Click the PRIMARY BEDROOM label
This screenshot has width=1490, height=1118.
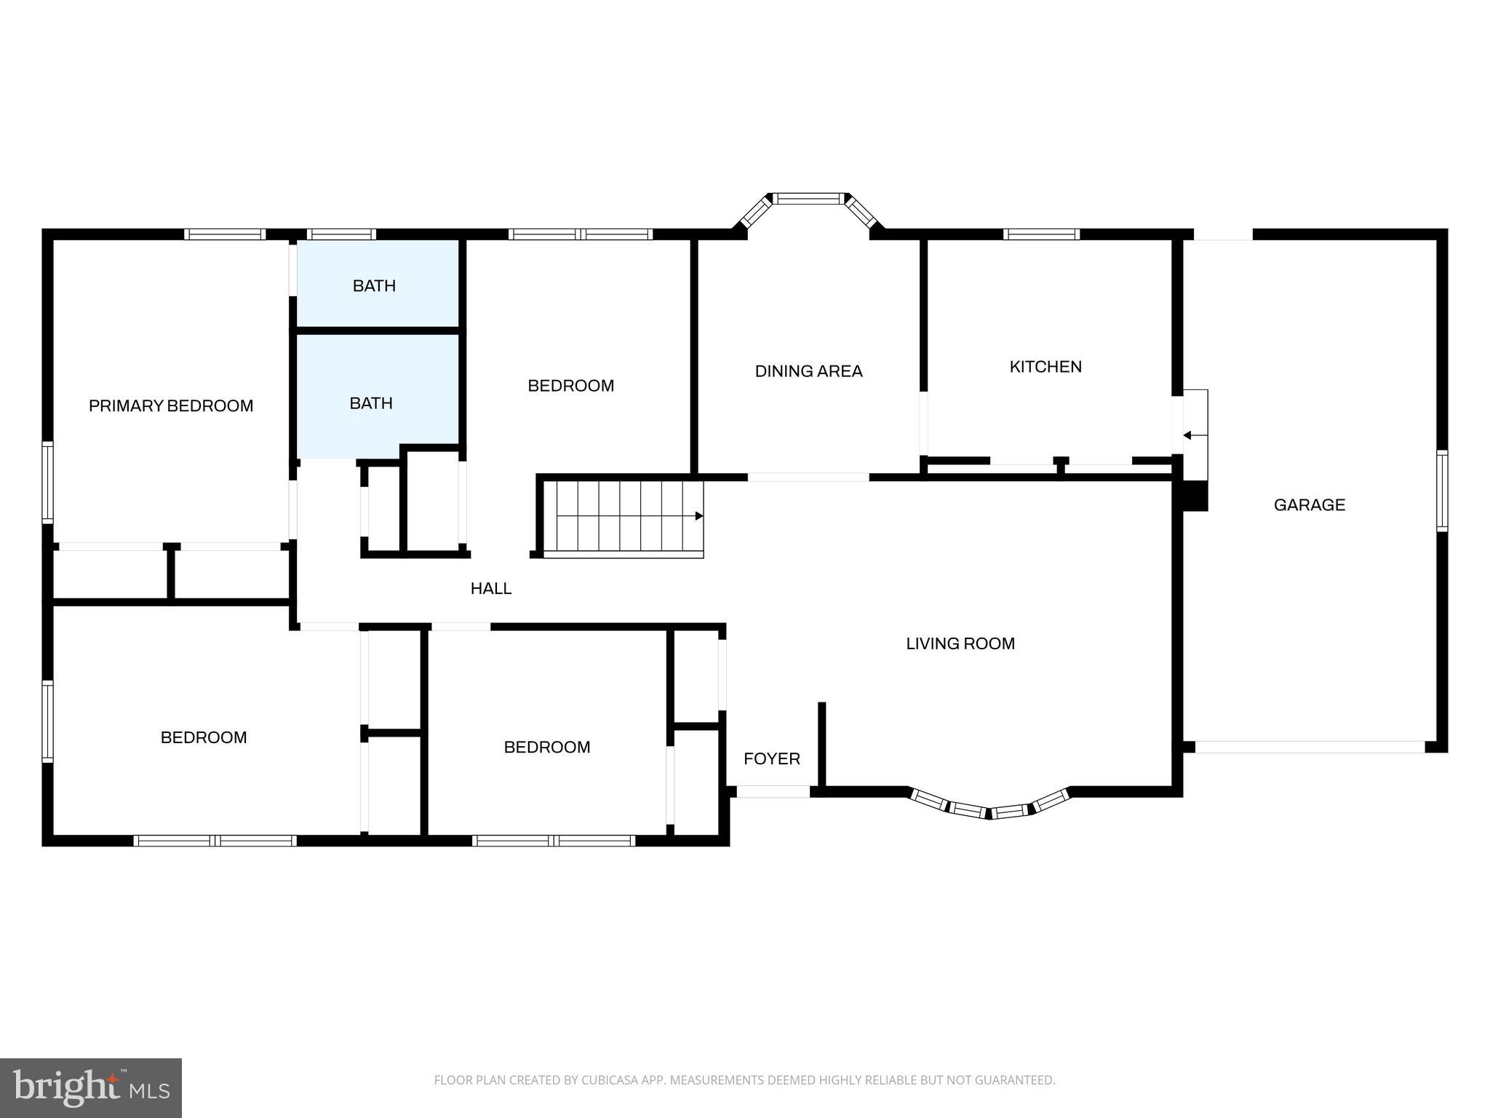pos(171,406)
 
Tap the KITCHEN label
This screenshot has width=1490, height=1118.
pos(1045,367)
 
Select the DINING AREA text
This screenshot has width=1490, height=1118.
pos(808,371)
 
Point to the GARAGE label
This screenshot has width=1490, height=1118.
pos(1309,505)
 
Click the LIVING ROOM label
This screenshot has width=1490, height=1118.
pos(960,643)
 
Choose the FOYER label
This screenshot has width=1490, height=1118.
pos(771,759)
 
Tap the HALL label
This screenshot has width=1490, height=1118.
pos(491,589)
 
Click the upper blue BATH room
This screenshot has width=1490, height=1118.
pos(375,285)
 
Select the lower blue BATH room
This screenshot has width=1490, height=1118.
pos(371,403)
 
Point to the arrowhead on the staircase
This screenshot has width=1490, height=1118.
pos(699,516)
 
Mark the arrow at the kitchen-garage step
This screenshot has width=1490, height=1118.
pos(1188,435)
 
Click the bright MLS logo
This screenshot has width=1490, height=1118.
pos(91,1087)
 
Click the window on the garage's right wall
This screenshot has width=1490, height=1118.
pos(1441,491)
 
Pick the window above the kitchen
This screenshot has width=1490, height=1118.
pos(1041,234)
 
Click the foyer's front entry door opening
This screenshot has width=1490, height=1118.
pos(773,792)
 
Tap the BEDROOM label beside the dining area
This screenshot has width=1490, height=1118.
pos(570,386)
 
